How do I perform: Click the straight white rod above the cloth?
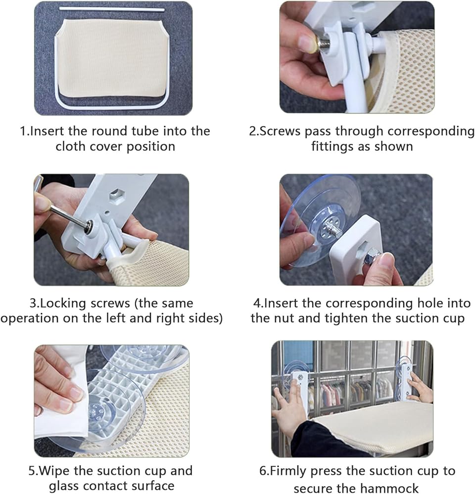coord(112,9)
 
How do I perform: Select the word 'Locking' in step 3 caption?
coord(63,303)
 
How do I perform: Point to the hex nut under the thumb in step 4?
coord(370,258)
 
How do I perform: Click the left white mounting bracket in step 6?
coord(299,391)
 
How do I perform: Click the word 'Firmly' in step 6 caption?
coord(288,471)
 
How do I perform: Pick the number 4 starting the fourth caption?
coord(257,303)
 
